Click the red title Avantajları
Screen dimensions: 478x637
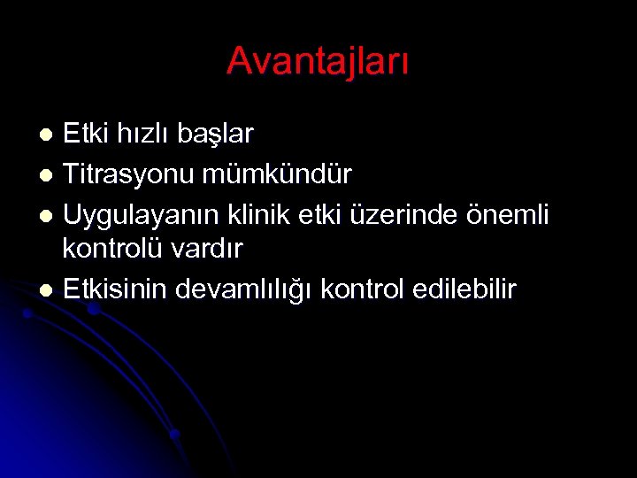click(x=318, y=61)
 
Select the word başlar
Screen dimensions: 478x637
click(x=215, y=135)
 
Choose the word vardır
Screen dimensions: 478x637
click(x=211, y=250)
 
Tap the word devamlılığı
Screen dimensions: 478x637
click(x=247, y=290)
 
